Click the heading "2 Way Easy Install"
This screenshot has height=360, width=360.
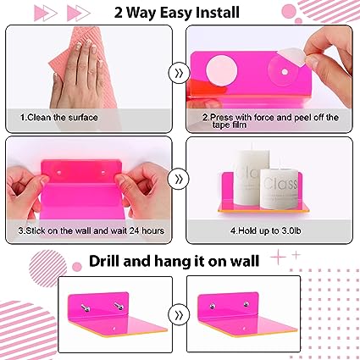click(x=177, y=13)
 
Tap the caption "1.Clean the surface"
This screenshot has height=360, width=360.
click(x=59, y=117)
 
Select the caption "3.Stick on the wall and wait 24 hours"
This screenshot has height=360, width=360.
click(x=91, y=230)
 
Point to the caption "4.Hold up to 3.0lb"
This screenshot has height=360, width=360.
click(x=266, y=230)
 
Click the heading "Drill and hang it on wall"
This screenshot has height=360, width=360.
click(x=174, y=261)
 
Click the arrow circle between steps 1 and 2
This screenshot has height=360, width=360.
click(x=179, y=74)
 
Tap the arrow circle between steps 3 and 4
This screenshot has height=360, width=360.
click(x=179, y=179)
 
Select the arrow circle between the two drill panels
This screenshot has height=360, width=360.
click(x=179, y=315)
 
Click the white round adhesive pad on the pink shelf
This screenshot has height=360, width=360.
click(x=221, y=70)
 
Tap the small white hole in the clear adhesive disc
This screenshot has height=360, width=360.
click(x=285, y=72)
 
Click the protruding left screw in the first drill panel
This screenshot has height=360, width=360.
click(x=85, y=308)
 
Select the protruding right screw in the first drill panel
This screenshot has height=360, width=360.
click(x=118, y=306)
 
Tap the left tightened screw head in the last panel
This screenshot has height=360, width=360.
click(x=212, y=306)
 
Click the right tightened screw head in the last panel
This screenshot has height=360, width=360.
click(x=246, y=304)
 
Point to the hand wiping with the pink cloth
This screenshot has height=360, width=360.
click(x=75, y=76)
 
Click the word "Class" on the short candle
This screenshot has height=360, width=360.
click(x=280, y=184)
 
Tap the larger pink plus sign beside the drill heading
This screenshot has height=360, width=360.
click(x=278, y=257)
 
